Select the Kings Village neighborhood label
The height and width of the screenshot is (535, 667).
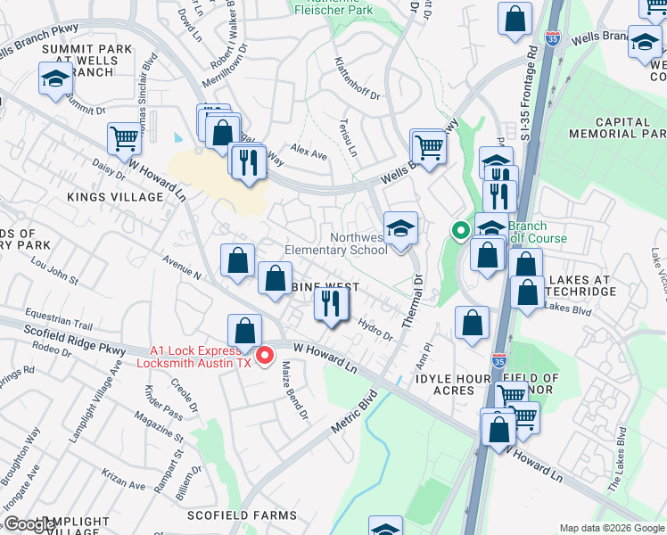click(x=115, y=196)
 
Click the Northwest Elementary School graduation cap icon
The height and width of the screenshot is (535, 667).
click(x=401, y=228)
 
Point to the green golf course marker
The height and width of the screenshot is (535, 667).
click(x=460, y=230)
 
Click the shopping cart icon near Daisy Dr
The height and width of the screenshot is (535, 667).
click(x=125, y=138)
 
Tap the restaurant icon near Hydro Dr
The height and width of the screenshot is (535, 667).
click(x=331, y=305)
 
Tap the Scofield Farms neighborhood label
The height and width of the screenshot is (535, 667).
click(x=242, y=515)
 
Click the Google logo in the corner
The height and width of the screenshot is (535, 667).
click(x=29, y=525)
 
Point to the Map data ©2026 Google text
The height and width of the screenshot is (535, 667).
click(x=612, y=528)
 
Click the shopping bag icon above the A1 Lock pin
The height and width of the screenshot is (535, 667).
click(x=244, y=330)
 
